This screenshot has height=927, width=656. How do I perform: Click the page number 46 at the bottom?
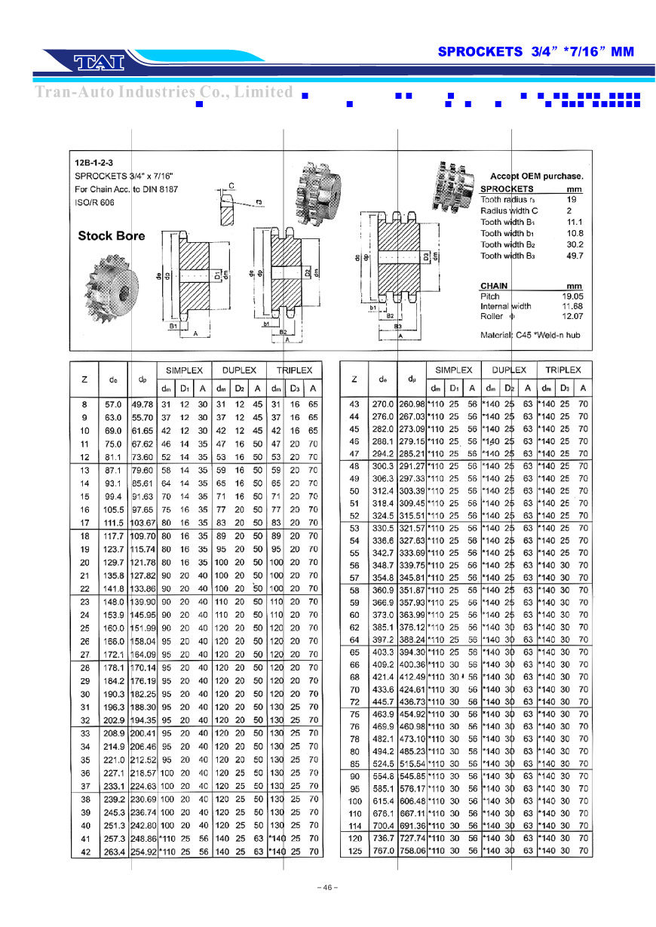(x=327, y=887)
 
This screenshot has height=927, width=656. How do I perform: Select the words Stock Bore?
(x=112, y=236)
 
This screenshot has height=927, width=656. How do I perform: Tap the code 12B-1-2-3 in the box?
(x=93, y=163)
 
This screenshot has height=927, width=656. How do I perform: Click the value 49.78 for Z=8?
(x=143, y=404)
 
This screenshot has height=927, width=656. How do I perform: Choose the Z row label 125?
(x=354, y=850)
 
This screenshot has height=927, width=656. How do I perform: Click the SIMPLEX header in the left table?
(x=184, y=370)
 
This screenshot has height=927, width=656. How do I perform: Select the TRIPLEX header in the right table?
(x=563, y=370)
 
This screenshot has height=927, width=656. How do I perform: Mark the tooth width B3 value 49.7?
(x=575, y=256)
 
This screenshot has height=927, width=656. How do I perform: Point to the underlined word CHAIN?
(x=494, y=286)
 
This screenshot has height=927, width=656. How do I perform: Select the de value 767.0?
(x=383, y=850)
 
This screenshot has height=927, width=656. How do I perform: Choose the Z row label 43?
(x=354, y=404)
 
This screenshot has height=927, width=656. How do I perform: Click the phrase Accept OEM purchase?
(x=537, y=176)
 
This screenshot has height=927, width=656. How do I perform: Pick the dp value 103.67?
(x=143, y=523)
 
